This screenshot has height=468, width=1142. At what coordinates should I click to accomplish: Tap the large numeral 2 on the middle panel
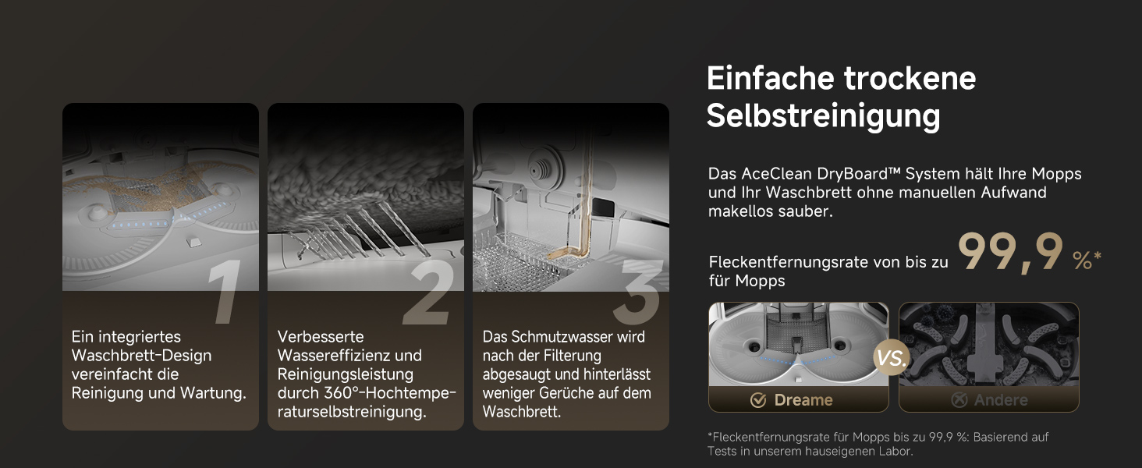click(429, 292)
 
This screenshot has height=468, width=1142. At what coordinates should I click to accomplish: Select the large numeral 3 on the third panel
click(638, 292)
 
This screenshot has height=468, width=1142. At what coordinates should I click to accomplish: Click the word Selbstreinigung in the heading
click(824, 116)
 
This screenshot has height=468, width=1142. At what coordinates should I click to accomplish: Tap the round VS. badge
click(891, 357)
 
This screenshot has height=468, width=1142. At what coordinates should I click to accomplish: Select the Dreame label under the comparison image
click(803, 400)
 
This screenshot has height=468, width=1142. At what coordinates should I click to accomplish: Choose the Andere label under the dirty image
click(1000, 400)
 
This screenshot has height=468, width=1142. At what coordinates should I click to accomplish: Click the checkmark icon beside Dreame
click(758, 400)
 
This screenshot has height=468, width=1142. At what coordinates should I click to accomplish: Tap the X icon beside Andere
click(959, 400)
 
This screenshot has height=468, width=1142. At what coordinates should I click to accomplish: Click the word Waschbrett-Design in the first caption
click(141, 356)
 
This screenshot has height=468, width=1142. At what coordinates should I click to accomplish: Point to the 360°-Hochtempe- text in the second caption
click(390, 393)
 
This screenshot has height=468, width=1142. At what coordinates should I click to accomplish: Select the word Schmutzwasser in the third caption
click(555, 337)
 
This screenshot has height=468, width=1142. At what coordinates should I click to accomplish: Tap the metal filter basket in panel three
click(515, 260)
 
